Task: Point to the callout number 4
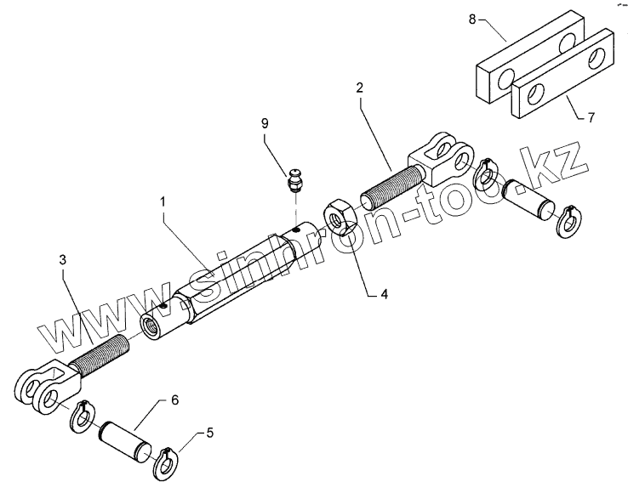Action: tap(384, 295)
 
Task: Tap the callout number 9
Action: tap(265, 124)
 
